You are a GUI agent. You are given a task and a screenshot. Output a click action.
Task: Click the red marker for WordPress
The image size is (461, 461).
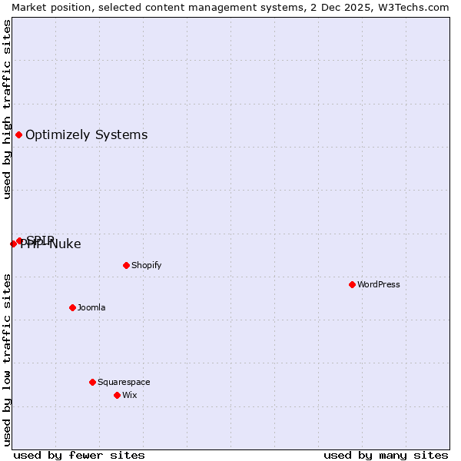352,284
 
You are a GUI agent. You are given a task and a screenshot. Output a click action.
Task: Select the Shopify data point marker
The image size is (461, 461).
126,265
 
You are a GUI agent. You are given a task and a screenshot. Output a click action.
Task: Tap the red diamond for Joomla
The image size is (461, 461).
72,307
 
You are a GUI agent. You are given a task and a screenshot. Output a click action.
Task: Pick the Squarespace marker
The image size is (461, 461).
92,382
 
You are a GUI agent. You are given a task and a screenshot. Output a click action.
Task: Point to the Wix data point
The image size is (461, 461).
117,395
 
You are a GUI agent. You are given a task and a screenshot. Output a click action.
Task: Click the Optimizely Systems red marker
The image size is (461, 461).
18,135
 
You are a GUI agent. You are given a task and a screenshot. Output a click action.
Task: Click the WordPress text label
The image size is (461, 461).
379,284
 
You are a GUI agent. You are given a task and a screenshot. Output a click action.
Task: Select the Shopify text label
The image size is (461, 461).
146,265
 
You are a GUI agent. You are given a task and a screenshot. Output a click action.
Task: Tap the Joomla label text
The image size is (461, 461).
91,307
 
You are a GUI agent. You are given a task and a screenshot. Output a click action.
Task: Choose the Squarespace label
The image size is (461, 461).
124,382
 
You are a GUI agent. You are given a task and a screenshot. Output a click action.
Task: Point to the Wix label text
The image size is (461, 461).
129,395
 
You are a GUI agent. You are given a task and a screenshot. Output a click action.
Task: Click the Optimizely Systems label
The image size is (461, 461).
86,135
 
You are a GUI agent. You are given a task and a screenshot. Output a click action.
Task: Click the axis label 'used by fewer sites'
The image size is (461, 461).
79,456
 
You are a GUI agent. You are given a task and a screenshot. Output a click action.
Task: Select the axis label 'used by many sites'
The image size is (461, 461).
386,456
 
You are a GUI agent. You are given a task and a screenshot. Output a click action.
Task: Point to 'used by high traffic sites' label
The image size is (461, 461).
7,109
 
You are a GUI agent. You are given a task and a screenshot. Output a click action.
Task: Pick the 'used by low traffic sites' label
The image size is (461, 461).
7,360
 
